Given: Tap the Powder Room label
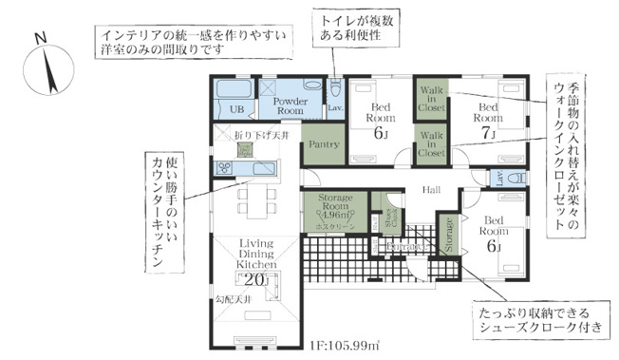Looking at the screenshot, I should click(290, 104).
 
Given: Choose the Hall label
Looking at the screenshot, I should click(433, 189).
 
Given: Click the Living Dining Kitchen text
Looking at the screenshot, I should click(255, 254).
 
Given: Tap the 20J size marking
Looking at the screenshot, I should click(256, 280).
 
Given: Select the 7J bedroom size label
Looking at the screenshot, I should click(489, 134).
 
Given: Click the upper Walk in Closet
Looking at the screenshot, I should click(432, 100).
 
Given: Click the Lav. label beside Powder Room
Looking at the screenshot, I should click(335, 109).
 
